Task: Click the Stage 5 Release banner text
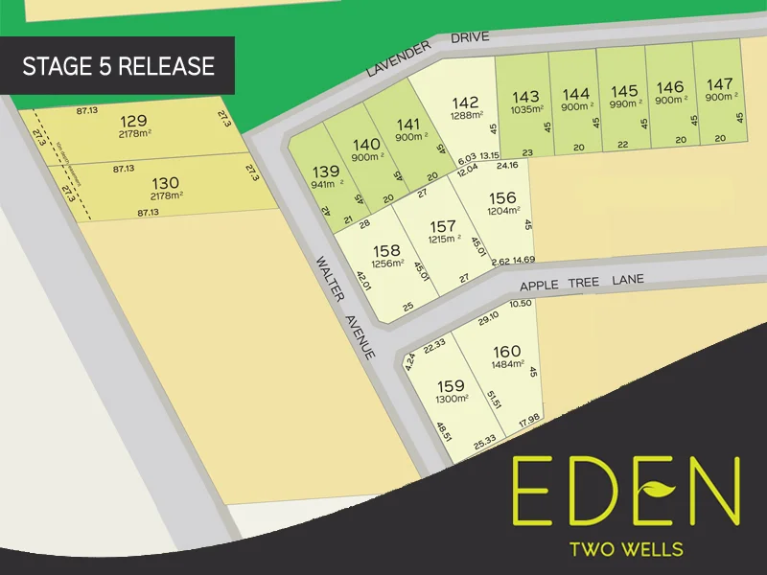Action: click(x=118, y=66)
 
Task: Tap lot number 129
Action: click(x=134, y=120)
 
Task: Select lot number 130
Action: click(x=165, y=182)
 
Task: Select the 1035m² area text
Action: click(x=525, y=109)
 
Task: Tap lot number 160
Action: click(x=506, y=351)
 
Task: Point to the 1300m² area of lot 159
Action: click(x=451, y=399)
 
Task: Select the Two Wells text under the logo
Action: click(x=625, y=549)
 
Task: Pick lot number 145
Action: click(x=624, y=92)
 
